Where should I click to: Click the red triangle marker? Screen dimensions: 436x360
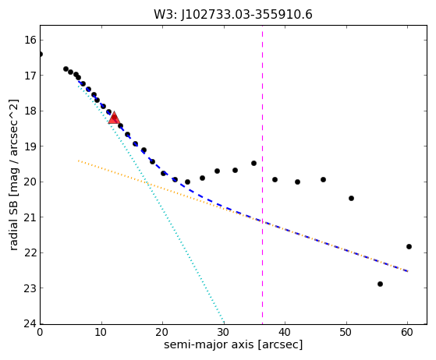pos(114,118)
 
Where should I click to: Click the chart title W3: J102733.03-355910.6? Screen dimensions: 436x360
pos(233,15)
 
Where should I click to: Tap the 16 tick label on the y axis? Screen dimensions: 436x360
pos(30,40)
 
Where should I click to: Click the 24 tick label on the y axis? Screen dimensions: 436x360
pos(30,323)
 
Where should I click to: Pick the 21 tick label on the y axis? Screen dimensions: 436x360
pos(30,217)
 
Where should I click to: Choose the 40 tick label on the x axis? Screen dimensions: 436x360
pos(285,332)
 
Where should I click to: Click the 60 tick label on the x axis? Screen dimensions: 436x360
pos(407,332)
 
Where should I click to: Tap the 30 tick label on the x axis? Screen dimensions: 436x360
pos(224,332)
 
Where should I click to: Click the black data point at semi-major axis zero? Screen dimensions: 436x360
pos(41,54)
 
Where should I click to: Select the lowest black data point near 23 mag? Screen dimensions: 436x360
pos(380,284)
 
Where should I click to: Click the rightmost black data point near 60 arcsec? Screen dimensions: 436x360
pos(409,246)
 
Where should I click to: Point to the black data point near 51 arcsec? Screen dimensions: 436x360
pos(351,198)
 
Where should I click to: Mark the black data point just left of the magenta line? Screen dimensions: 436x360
pos(253,163)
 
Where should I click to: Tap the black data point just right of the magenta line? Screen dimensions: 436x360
pos(275,179)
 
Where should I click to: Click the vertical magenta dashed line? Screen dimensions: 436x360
pos(262,175)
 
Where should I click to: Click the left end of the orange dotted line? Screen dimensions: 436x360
pos(79,161)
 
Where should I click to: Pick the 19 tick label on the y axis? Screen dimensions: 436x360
pos(30,146)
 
